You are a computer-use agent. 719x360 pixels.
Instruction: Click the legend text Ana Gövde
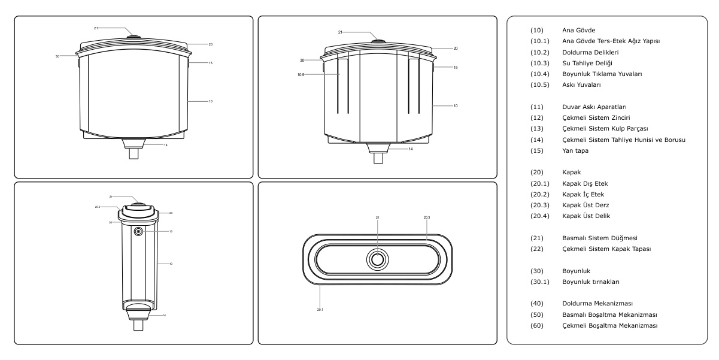click(578, 30)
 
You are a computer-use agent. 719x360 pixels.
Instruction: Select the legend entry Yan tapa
click(575, 150)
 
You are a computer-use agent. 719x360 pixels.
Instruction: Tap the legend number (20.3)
click(539, 205)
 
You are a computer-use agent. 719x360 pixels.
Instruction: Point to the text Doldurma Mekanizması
click(597, 304)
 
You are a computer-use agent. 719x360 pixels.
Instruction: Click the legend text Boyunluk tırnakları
click(591, 282)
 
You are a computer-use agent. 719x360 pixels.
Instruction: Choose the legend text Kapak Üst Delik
click(585, 216)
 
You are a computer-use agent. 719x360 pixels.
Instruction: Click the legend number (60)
click(536, 326)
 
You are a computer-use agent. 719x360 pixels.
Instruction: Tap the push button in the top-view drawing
click(378, 259)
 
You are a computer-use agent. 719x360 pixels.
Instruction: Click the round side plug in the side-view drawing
click(138, 231)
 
